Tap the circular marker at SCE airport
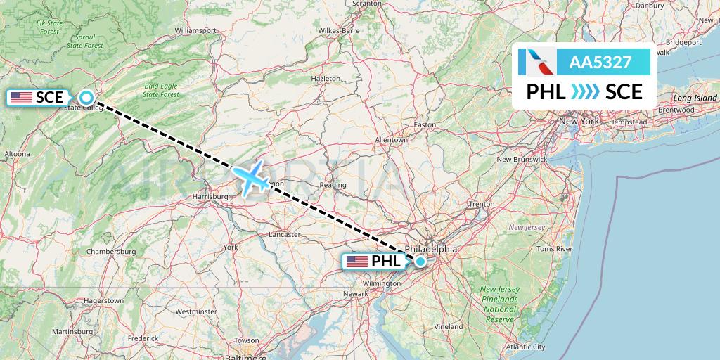86,98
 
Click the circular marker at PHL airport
420,262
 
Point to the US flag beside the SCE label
21,98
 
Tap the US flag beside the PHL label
357,262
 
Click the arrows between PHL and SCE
585,91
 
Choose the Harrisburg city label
209,197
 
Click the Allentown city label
392,140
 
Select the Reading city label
333,186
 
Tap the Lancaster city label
285,234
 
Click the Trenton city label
482,204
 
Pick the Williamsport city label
195,31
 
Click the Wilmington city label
386,283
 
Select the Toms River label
554,249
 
